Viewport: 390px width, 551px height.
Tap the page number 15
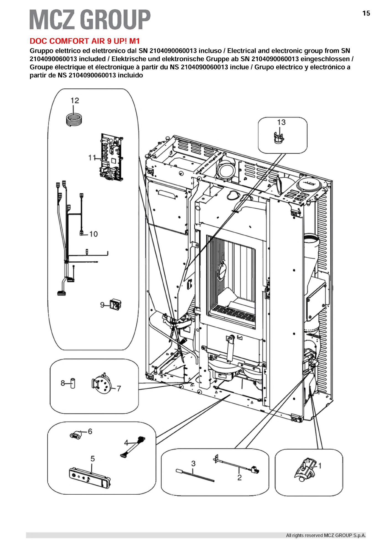(x=366, y=13)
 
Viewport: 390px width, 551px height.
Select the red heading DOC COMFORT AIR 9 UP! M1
(x=85, y=41)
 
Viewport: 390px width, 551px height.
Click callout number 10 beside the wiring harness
(x=93, y=234)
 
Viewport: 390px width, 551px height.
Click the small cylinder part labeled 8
(x=72, y=383)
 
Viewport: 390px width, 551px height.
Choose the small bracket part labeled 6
(x=76, y=436)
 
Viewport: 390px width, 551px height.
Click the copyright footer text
(x=326, y=535)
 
